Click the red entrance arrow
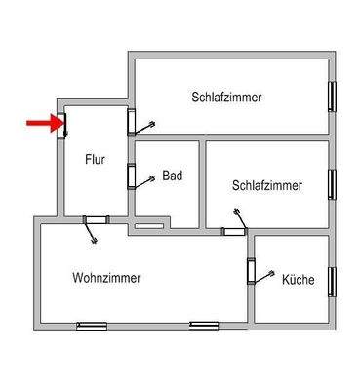[39, 123]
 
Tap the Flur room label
[96, 159]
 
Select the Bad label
[173, 176]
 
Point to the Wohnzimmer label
[106, 278]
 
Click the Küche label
[298, 279]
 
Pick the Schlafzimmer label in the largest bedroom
[227, 97]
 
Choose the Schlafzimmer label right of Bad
[266, 185]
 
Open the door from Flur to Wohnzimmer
[96, 218]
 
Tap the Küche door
[251, 270]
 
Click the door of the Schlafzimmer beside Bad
[233, 230]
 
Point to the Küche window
[334, 281]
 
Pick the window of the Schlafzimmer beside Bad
[334, 183]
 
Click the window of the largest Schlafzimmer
[334, 97]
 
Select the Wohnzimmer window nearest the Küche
[204, 324]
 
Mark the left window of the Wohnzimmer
[91, 325]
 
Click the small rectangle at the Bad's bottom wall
[148, 226]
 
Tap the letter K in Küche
[285, 279]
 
